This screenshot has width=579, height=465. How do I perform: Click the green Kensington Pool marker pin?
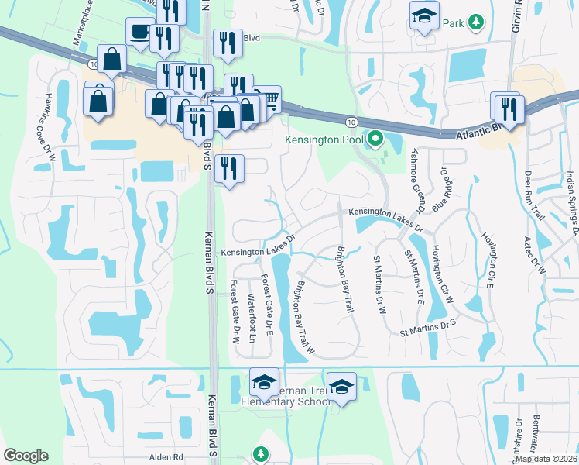point(376,139)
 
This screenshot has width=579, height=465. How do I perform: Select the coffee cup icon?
point(139,32)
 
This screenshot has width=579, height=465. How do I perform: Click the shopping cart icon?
point(269,98)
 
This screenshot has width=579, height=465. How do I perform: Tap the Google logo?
point(26,456)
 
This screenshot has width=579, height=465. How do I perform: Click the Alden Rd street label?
point(166,457)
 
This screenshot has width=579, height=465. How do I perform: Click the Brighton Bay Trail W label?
point(301,318)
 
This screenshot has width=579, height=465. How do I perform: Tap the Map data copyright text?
point(546,459)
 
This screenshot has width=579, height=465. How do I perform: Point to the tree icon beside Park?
point(478,22)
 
